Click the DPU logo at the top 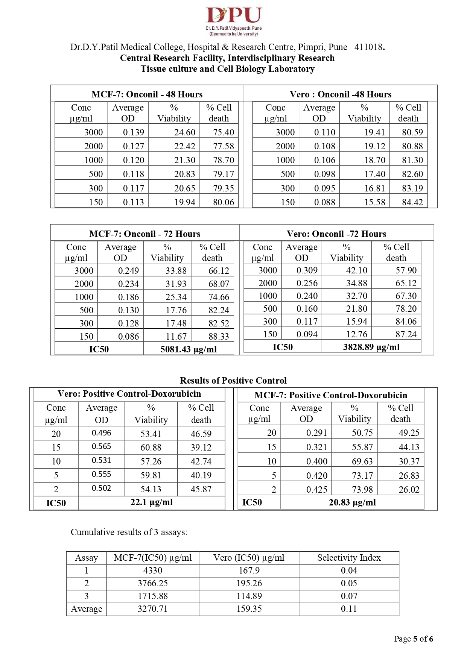click(x=233, y=21)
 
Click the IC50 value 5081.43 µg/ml click(x=188, y=349)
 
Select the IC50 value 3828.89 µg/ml click(x=371, y=347)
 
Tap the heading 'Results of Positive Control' click(x=233, y=381)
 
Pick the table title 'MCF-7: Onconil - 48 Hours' click(x=147, y=94)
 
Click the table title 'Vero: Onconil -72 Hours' click(x=336, y=234)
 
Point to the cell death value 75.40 click(x=224, y=132)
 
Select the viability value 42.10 click(x=356, y=270)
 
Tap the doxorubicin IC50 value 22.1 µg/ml click(x=151, y=502)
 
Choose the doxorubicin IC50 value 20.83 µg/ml click(x=352, y=502)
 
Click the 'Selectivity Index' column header click(x=349, y=558)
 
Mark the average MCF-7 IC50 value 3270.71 click(x=152, y=609)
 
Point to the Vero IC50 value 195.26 click(x=249, y=583)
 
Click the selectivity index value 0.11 click(x=349, y=609)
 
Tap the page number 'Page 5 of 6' click(x=413, y=639)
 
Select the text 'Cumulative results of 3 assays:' click(x=129, y=532)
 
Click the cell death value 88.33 click(x=219, y=337)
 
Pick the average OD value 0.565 click(x=101, y=446)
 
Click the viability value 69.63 click(x=362, y=461)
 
